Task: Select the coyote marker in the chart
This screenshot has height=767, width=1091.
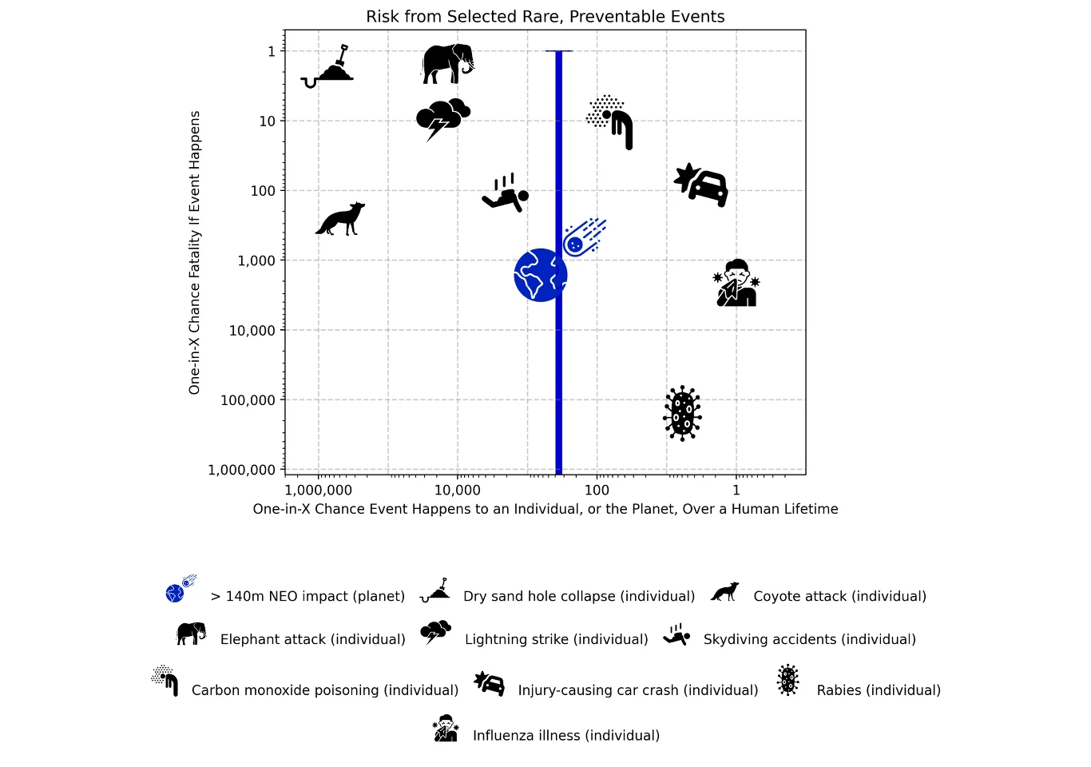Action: click(x=340, y=219)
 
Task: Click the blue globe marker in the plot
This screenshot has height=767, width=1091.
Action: click(x=540, y=276)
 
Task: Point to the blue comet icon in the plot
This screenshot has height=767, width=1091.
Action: click(x=584, y=238)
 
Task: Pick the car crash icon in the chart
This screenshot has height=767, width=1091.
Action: click(x=701, y=185)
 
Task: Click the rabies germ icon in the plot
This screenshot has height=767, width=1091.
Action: click(x=682, y=413)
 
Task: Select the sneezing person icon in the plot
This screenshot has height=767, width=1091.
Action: click(x=737, y=283)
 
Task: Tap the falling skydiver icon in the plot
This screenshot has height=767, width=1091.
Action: click(x=506, y=193)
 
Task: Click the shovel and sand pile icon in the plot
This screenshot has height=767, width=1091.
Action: click(x=327, y=67)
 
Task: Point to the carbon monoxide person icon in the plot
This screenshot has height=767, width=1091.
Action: click(x=609, y=121)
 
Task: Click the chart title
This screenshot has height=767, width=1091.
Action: click(x=545, y=17)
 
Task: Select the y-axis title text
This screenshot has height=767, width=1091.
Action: click(x=194, y=252)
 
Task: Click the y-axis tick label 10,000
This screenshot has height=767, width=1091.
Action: click(x=252, y=331)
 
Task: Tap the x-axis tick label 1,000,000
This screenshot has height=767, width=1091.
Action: click(x=318, y=490)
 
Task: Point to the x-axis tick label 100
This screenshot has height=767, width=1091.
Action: click(x=597, y=490)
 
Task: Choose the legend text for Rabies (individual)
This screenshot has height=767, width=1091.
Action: click(x=879, y=690)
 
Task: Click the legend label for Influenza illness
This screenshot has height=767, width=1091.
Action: click(x=566, y=735)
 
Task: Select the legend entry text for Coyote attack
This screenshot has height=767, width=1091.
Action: click(x=839, y=596)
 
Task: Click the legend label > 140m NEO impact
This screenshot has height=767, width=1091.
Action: click(x=307, y=596)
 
